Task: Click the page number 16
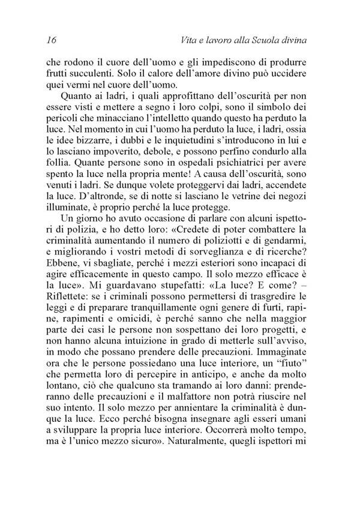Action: [x=50, y=41]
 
